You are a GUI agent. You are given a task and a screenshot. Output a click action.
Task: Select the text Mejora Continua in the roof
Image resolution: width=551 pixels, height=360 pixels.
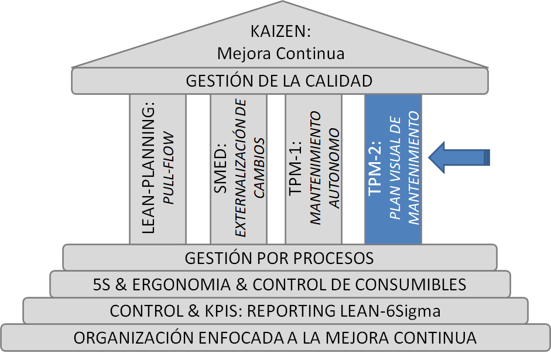[x=280, y=53]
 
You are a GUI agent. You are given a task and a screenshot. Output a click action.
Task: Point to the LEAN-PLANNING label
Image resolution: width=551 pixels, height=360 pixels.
[x=148, y=170]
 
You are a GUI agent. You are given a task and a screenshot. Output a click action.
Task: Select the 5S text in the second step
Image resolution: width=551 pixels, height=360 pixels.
[x=102, y=284]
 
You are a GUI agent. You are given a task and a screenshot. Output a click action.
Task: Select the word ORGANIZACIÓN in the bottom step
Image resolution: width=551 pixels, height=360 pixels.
[x=126, y=338]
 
